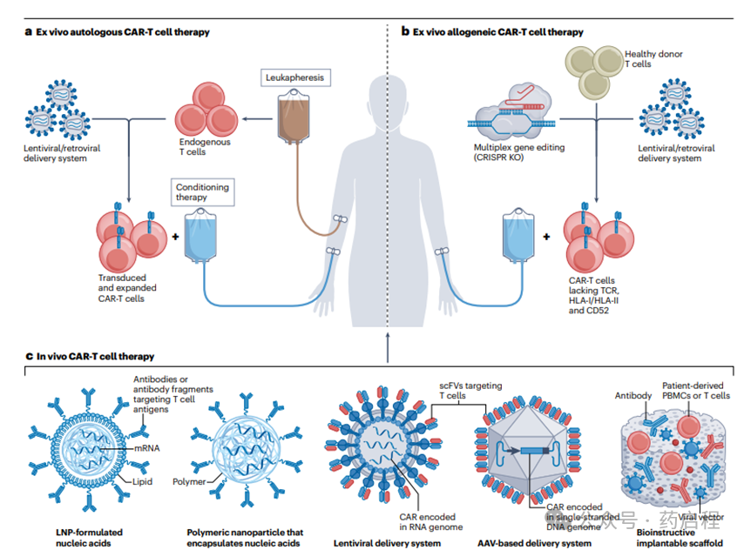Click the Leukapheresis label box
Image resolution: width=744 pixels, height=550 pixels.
(x=295, y=78)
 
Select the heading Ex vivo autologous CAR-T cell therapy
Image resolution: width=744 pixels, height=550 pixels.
(x=122, y=32)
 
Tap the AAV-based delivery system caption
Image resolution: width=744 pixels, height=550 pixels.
(x=535, y=543)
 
